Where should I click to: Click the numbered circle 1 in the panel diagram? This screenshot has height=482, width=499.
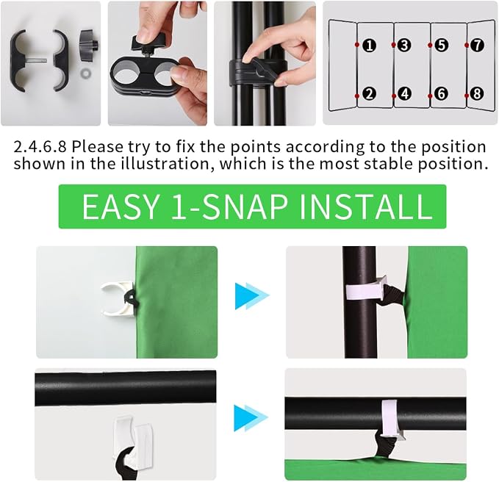[369, 46]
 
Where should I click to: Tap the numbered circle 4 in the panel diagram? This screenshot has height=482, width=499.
[404, 94]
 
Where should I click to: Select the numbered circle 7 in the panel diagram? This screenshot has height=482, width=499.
[477, 45]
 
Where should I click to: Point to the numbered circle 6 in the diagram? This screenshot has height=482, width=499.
[441, 94]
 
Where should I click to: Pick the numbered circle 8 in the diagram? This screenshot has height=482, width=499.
[477, 94]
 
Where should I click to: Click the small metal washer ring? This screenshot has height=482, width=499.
[85, 73]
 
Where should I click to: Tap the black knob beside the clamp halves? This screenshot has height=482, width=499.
[88, 43]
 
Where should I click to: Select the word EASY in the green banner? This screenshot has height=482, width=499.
[121, 206]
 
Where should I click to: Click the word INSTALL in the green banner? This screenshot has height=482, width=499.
[366, 206]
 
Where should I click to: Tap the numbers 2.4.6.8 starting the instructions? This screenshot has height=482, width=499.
[40, 147]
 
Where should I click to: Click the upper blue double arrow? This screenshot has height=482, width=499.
[252, 296]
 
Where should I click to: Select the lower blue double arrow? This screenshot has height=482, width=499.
[251, 418]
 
